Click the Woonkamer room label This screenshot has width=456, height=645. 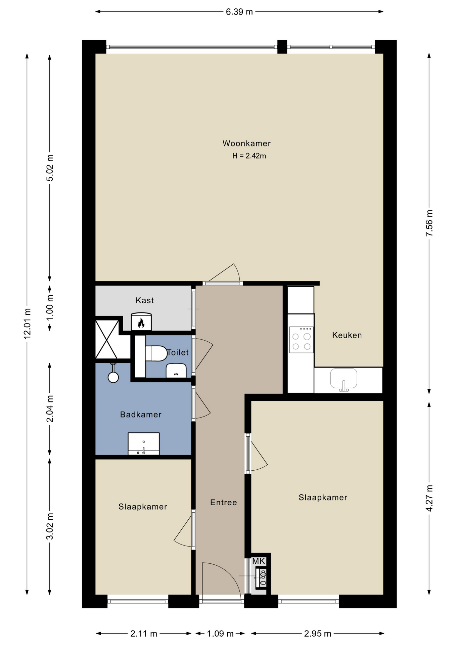pos(246,143)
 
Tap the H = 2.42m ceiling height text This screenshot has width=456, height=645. pos(249,156)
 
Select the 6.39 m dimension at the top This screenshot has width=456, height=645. pos(239,12)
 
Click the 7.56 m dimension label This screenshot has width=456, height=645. pos(429,223)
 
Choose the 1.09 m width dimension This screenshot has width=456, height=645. pos(220,634)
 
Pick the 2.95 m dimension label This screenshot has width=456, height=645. pos(318,634)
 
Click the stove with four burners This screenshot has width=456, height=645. pos(302,340)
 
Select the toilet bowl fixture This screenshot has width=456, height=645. pos(156,354)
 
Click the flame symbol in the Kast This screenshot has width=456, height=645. pos(141,323)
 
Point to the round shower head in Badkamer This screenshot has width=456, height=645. pos(113,377)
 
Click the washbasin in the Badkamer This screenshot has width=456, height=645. pos(144,443)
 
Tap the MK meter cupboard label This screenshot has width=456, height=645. pos(259,561)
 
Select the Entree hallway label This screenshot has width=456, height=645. pos(224,502)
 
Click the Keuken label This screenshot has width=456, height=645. pos(347,335)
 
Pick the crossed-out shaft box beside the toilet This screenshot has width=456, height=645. pos(107,339)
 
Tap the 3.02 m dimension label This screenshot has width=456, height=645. pos(50,526)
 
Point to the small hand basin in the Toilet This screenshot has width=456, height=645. pos(176,371)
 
